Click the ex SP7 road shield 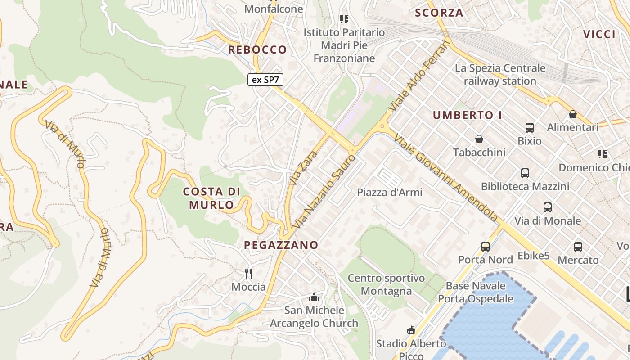[265, 80]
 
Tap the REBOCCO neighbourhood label [257, 49]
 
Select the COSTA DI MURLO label [211, 198]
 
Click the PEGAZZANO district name [281, 245]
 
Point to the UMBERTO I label [468, 115]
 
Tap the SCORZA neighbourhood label [439, 13]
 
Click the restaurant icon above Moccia [248, 273]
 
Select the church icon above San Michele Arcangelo [314, 297]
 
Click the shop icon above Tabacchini [479, 139]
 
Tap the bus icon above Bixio [530, 128]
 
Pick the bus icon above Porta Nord [486, 246]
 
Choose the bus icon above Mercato [578, 247]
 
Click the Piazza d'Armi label [390, 193]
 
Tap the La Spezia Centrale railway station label [500, 75]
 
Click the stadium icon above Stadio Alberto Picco [411, 330]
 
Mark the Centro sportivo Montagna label [386, 284]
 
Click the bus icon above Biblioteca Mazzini [525, 173]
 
